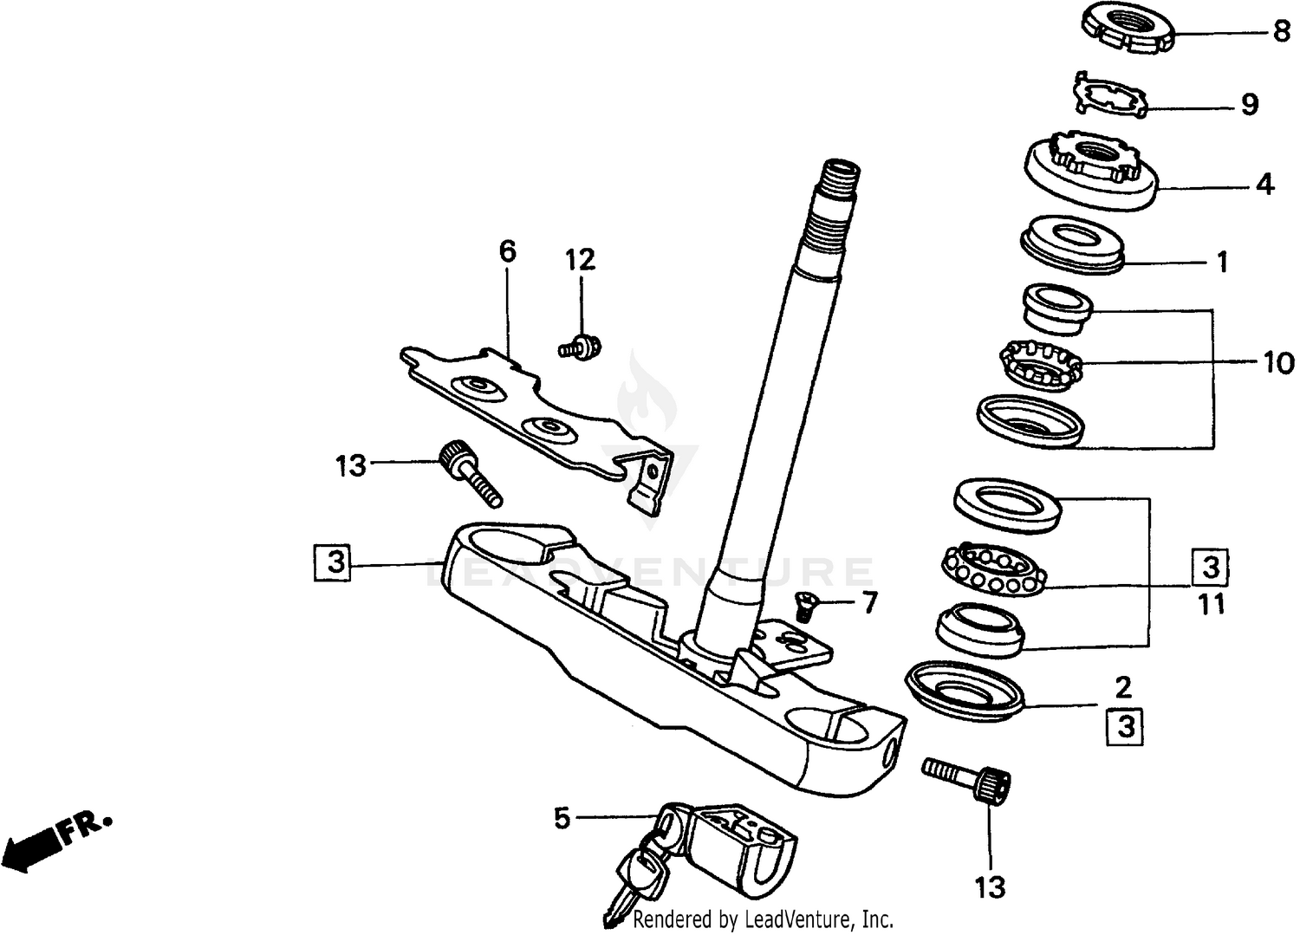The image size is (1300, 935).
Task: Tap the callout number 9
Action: (1249, 105)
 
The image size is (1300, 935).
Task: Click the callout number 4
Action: (1264, 184)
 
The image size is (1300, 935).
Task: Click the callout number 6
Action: (507, 252)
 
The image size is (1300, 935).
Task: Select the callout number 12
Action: (581, 259)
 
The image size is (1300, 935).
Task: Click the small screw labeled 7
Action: (803, 607)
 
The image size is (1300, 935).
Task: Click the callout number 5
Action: (562, 817)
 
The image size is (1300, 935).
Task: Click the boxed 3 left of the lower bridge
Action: (335, 562)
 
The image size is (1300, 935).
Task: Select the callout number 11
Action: (1211, 603)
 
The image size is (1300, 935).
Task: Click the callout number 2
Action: (1122, 688)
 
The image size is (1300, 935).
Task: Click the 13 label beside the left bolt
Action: (352, 466)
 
